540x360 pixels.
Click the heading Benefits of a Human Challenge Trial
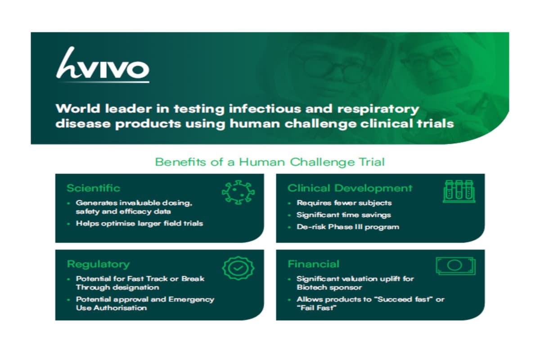coord(270,162)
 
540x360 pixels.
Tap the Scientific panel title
coord(94,188)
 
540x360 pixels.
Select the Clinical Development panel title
coord(350,188)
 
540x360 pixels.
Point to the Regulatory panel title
coord(98,264)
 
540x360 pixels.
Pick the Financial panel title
coord(314,264)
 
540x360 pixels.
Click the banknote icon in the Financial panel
coord(455,265)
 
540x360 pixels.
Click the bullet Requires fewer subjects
coord(344,202)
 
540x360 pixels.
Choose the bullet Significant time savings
coord(343,215)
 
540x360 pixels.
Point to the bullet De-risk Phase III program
coord(347,226)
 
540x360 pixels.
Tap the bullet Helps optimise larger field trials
coord(139,224)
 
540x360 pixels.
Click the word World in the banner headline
coord(73,109)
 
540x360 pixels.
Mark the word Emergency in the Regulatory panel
coord(191,299)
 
